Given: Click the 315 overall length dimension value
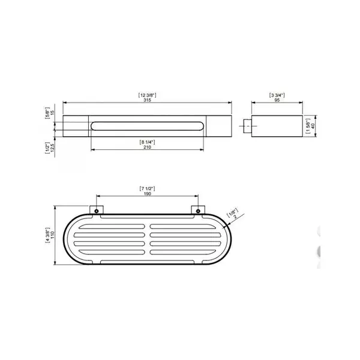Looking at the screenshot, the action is click(147, 100).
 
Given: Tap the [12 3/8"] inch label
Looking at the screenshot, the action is click(147, 95).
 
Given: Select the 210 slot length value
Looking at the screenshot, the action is click(147, 147).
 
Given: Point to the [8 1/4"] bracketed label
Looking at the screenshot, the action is click(147, 142).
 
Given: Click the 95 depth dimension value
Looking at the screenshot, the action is click(277, 100).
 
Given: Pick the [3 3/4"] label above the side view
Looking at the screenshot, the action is click(277, 95).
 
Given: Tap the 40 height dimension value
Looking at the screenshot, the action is click(313, 126).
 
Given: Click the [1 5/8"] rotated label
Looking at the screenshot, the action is click(308, 126).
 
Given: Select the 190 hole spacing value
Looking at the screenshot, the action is click(147, 194).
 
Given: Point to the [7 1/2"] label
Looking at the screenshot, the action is click(147, 189).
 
